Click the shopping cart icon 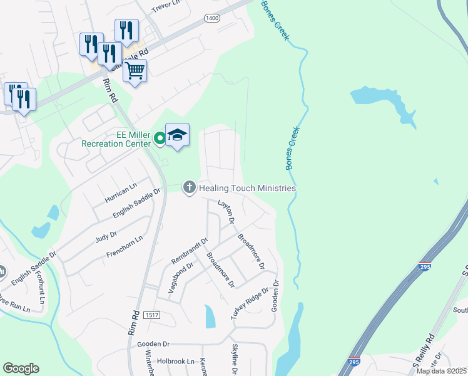point(135,71)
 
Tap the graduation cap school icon point(177,135)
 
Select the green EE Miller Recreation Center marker point(160,138)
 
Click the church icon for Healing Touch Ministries point(189,187)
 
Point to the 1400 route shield point(212,19)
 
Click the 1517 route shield point(151,314)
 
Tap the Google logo point(21,368)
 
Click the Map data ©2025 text point(441,371)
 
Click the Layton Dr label point(225,212)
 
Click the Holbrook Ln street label point(176,362)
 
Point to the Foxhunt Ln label point(41,287)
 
